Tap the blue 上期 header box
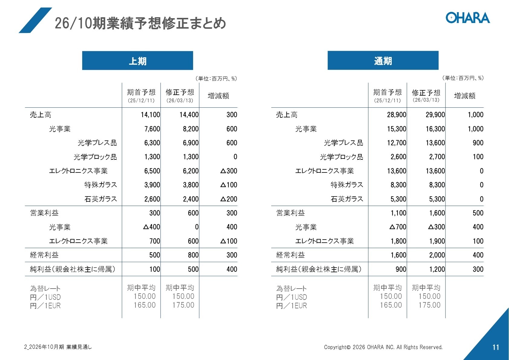(x=138, y=61)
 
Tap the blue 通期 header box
(x=383, y=61)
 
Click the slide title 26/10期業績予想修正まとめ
(x=140, y=23)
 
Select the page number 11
(x=496, y=347)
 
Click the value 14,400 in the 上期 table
(x=189, y=115)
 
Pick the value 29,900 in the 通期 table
(x=435, y=115)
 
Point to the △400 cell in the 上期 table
(x=152, y=227)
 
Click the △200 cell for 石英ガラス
(x=229, y=199)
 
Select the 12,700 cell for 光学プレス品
(x=397, y=143)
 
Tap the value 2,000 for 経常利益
(x=437, y=255)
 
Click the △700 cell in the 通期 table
(x=398, y=227)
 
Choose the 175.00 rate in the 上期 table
(x=183, y=305)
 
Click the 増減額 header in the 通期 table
(x=465, y=96)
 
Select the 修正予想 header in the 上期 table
(x=180, y=93)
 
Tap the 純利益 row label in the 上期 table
(x=73, y=269)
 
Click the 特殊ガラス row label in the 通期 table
(x=347, y=185)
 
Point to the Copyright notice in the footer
(x=383, y=347)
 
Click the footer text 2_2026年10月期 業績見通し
(x=58, y=347)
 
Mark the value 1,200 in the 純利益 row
(x=437, y=269)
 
